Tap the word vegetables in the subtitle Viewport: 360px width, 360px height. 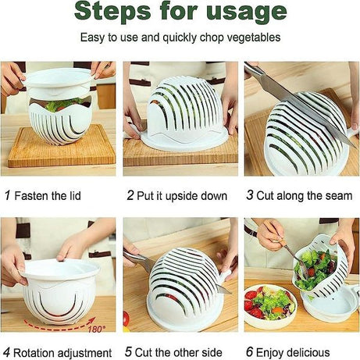click(x=251, y=38)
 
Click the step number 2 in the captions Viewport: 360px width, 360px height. click(x=130, y=195)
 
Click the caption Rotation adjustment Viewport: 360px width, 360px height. click(x=65, y=352)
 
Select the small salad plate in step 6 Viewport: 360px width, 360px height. click(x=269, y=306)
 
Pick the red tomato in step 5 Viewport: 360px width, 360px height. click(x=126, y=318)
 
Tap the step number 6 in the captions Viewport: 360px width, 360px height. click(x=250, y=352)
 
